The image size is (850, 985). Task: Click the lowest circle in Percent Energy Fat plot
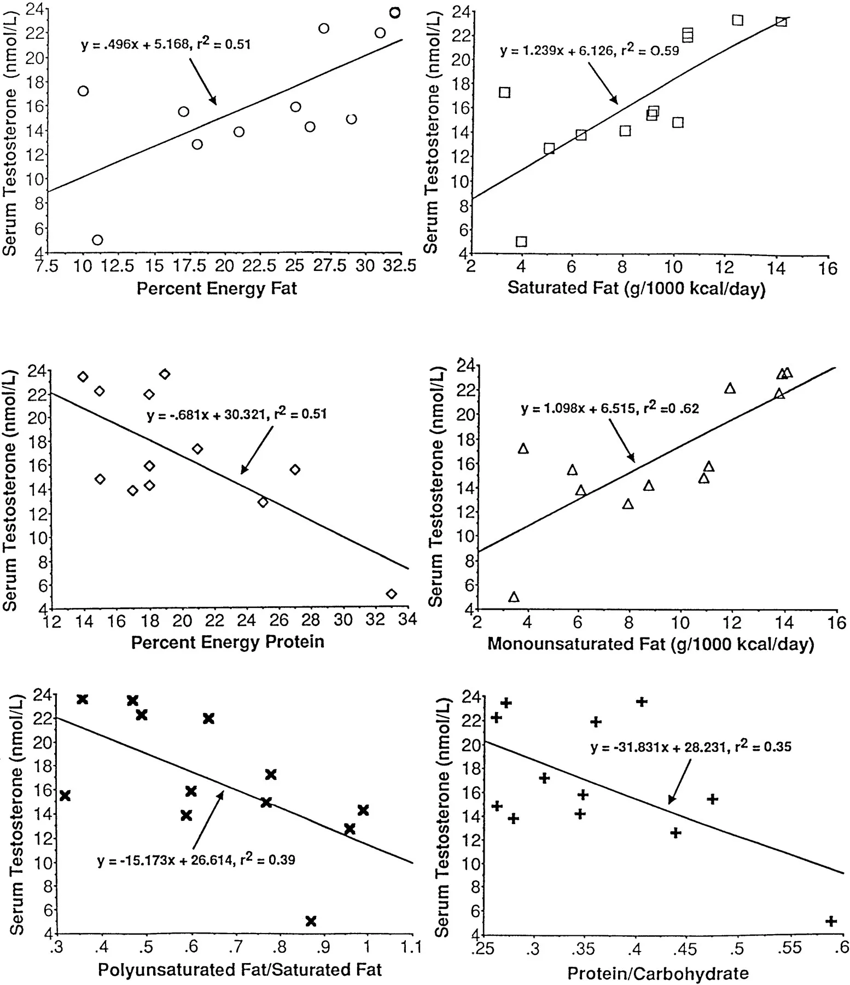click(x=97, y=240)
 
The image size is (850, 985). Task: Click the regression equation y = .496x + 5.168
click(x=166, y=44)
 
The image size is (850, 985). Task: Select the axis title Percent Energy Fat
click(x=217, y=288)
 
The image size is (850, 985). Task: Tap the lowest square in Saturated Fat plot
click(x=521, y=241)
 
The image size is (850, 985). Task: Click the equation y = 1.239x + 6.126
click(x=589, y=51)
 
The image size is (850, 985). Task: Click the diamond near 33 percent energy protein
click(x=391, y=594)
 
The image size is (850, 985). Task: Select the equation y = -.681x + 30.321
click(x=236, y=414)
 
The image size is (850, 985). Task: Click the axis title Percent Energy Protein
click(x=228, y=641)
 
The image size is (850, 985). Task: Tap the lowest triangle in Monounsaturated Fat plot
click(x=514, y=597)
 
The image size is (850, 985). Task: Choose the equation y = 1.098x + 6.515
click(x=609, y=408)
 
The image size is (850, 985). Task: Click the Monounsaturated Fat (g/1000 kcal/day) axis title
click(x=650, y=644)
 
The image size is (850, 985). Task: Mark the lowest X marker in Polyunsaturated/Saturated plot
click(x=311, y=921)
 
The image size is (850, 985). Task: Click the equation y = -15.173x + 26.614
click(x=196, y=860)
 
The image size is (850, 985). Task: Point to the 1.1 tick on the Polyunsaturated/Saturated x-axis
click(x=411, y=947)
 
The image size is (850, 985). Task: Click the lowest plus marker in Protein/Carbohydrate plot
click(x=830, y=921)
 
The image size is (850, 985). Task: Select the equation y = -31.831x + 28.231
click(x=690, y=747)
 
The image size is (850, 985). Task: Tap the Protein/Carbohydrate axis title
click(x=657, y=974)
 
